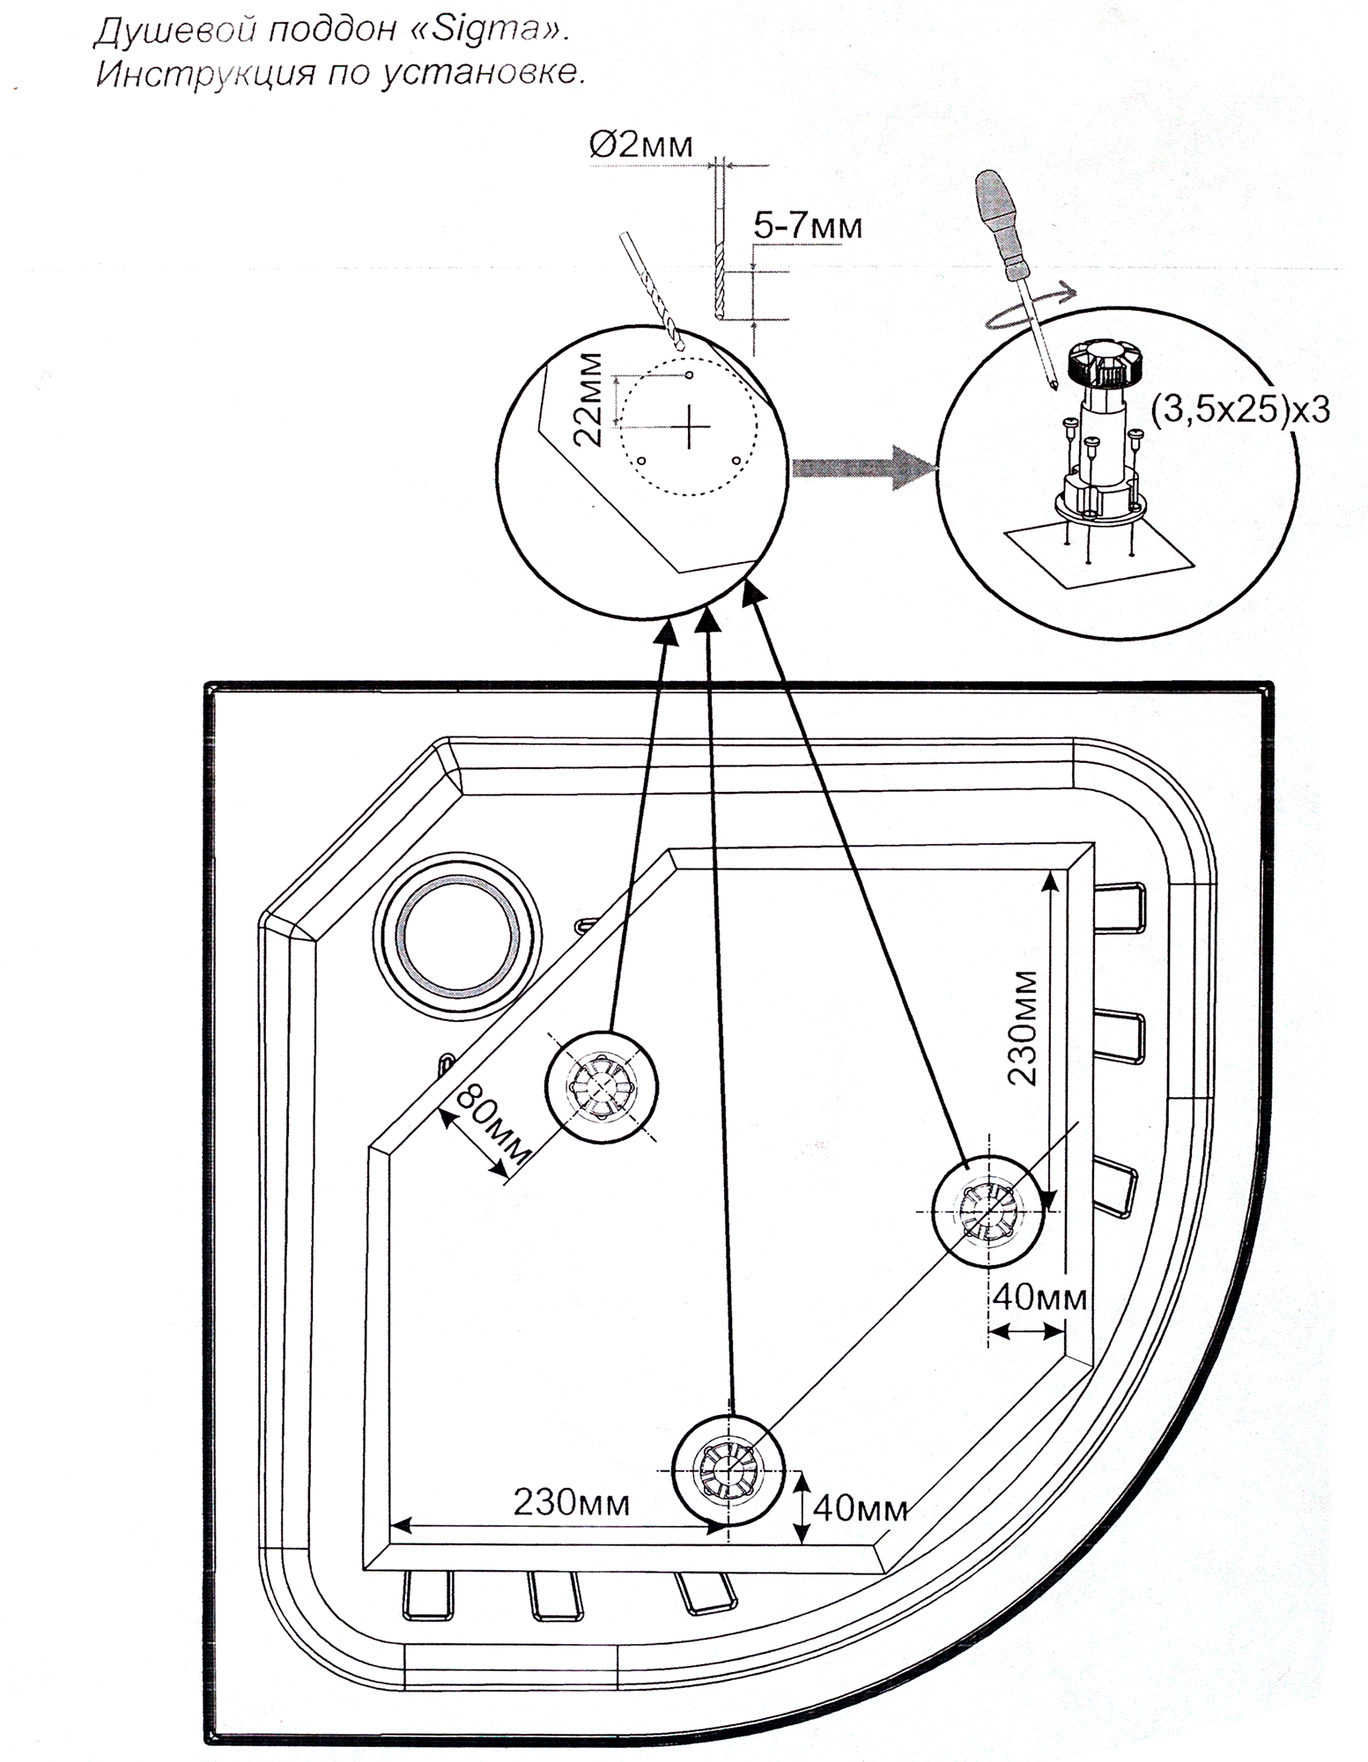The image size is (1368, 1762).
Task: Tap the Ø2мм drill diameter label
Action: (641, 144)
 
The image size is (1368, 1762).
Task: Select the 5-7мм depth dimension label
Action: (808, 226)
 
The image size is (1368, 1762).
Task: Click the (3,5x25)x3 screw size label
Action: (1240, 409)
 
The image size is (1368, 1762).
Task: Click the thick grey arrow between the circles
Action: (862, 467)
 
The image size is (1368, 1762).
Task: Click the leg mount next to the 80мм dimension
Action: (602, 1085)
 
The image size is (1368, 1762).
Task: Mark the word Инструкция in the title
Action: (202, 73)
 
